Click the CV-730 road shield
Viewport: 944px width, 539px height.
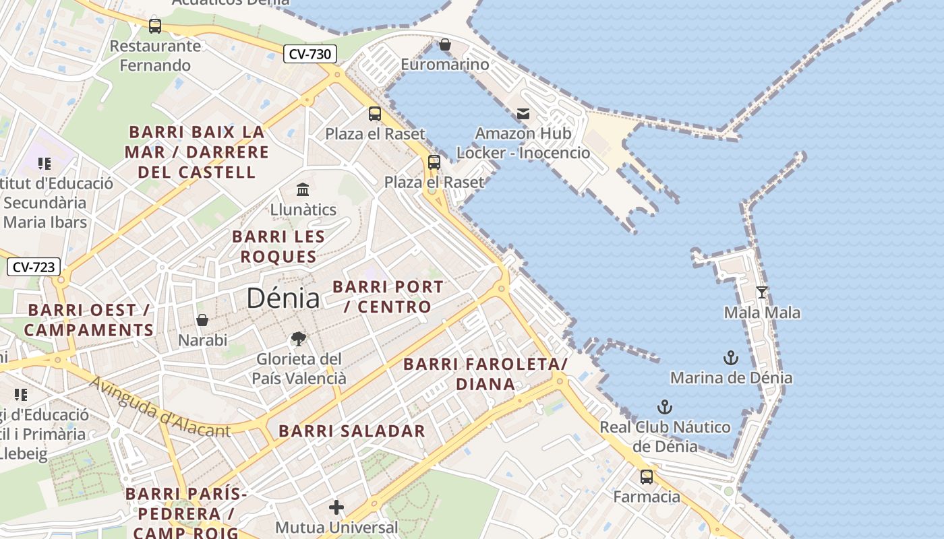309,55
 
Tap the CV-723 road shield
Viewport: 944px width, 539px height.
34,267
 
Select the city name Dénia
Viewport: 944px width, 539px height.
283,298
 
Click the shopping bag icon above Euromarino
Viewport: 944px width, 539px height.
445,45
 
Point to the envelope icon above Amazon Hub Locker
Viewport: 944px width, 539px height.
523,114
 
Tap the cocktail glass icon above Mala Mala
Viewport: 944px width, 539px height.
762,292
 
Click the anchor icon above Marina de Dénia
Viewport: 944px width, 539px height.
731,358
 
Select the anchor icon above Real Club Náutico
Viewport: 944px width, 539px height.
665,407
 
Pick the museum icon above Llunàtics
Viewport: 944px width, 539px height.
303,189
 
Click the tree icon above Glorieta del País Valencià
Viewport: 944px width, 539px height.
298,339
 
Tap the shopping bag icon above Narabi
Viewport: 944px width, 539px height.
202,320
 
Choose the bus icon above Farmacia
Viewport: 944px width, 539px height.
647,477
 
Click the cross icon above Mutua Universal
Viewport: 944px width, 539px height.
336,507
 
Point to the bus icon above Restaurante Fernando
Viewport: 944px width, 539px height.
155,26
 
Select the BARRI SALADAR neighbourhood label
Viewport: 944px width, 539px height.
352,431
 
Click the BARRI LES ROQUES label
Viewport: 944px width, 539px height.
278,247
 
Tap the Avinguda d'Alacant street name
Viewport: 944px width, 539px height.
160,407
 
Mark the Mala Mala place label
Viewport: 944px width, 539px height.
762,313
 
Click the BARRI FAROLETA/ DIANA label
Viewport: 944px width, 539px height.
485,375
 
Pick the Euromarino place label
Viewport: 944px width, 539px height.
445,65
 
